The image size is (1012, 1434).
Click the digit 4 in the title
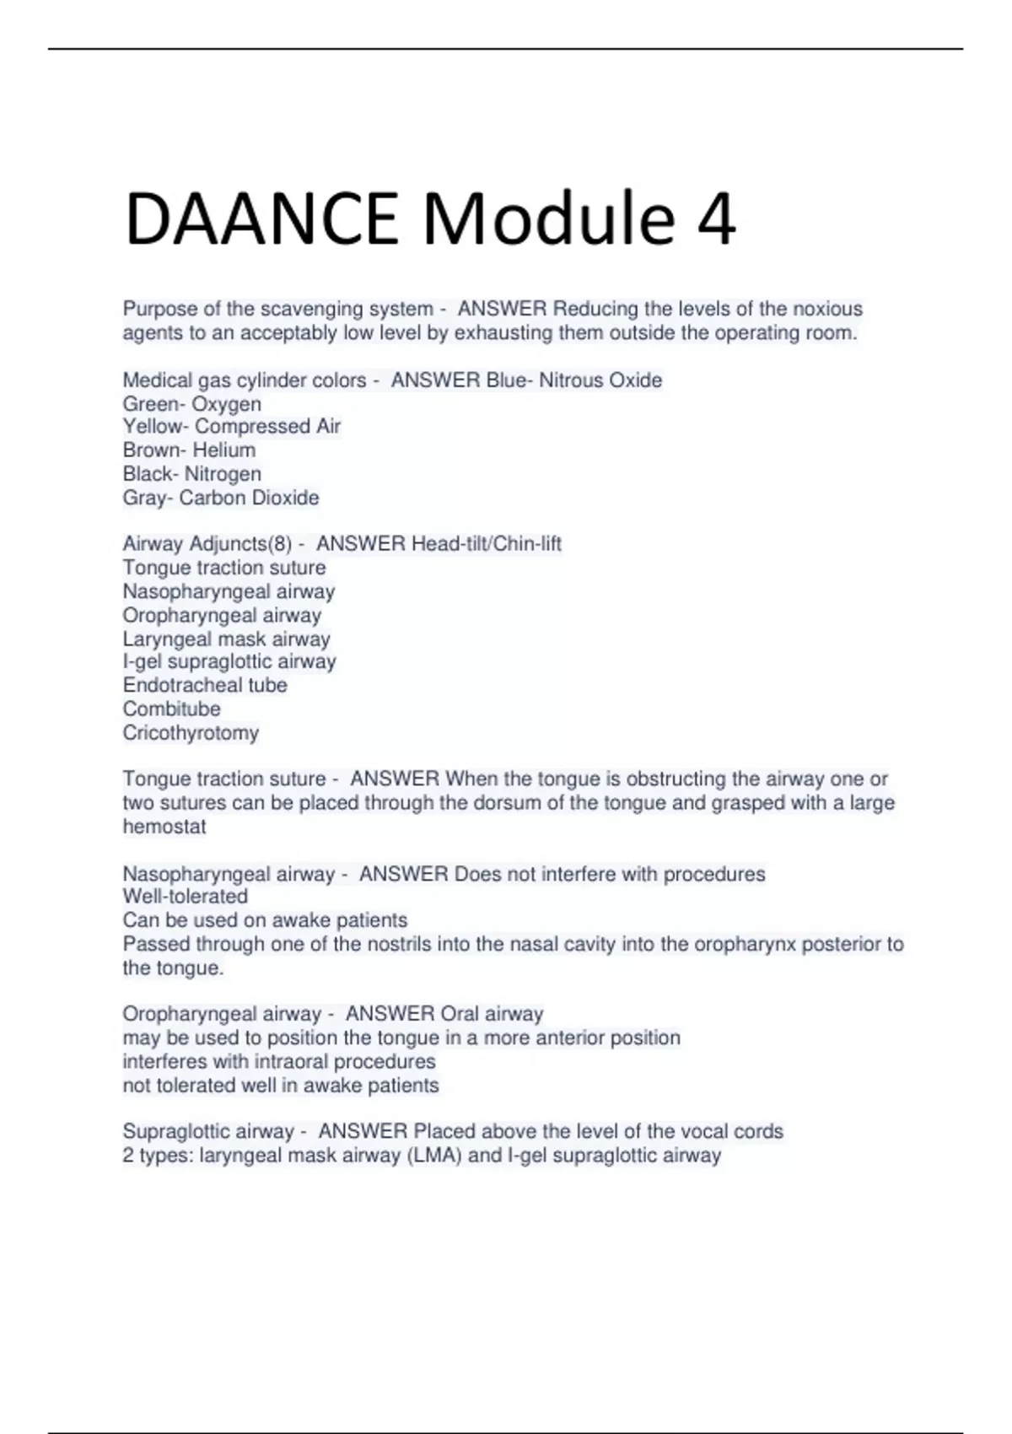(716, 219)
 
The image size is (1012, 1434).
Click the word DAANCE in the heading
(261, 219)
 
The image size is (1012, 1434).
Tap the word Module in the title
(548, 219)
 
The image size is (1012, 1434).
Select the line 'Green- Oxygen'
(192, 404)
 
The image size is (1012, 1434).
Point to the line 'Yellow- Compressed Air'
(232, 427)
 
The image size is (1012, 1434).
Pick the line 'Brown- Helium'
(189, 450)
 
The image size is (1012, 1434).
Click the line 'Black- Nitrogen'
(192, 474)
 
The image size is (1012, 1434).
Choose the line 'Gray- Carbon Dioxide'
(221, 498)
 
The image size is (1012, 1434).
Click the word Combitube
(171, 709)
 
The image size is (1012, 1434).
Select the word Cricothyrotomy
(191, 732)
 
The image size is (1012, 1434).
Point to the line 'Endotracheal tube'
(205, 685)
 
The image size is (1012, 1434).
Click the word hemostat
(164, 827)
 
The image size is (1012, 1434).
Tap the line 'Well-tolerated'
(186, 897)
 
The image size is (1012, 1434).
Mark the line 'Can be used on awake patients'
(265, 920)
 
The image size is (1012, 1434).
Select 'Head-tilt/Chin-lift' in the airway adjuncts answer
(486, 544)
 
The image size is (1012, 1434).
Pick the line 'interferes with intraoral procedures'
(279, 1061)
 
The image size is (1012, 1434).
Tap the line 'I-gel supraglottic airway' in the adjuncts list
(229, 661)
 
